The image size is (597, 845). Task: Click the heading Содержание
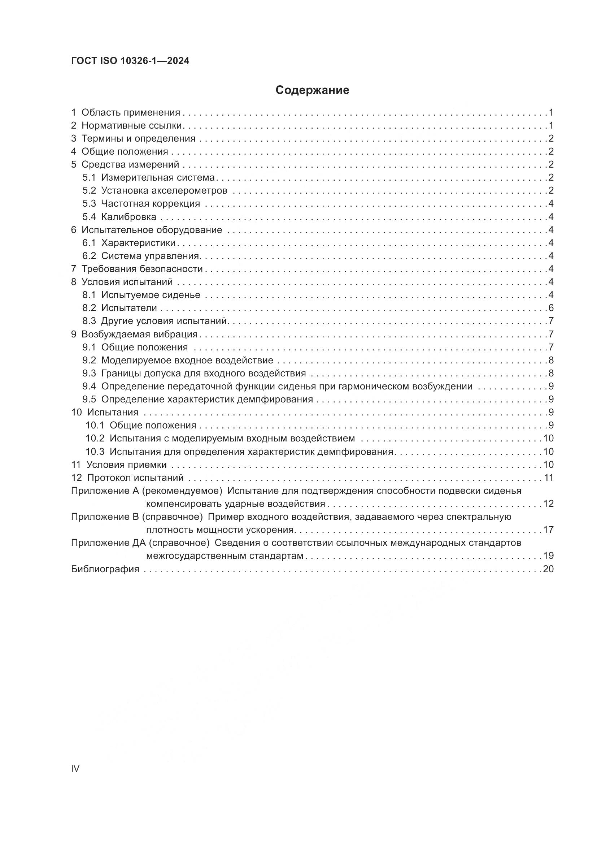(x=312, y=90)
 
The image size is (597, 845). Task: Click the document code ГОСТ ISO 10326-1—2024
(x=130, y=61)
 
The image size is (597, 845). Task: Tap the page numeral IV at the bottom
(x=75, y=768)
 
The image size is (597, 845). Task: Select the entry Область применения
(x=131, y=113)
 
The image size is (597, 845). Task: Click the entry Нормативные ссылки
(x=132, y=125)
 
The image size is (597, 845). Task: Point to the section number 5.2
(x=89, y=191)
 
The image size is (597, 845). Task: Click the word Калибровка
(x=128, y=217)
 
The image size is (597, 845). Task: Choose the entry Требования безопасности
(x=142, y=269)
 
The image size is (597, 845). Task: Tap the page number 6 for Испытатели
(x=551, y=308)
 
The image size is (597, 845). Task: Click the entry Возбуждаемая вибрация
(x=139, y=335)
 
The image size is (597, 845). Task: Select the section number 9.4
(x=89, y=387)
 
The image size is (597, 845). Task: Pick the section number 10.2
(x=95, y=439)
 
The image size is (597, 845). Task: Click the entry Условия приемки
(x=126, y=465)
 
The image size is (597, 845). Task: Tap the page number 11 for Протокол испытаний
(x=549, y=478)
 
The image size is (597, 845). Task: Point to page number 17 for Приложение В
(x=548, y=530)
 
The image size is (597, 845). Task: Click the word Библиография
(x=105, y=569)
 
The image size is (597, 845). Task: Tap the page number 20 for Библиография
(x=548, y=569)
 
